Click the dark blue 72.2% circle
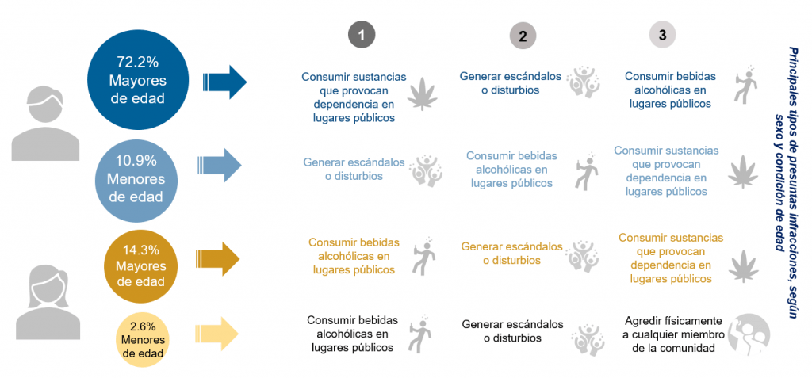click(140, 80)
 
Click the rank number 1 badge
click(361, 35)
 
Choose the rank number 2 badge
click(523, 36)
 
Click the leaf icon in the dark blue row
click(423, 93)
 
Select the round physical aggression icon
click(749, 334)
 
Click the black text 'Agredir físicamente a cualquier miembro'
click(673, 334)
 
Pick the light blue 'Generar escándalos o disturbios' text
click(354, 169)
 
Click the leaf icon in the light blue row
click(742, 170)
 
